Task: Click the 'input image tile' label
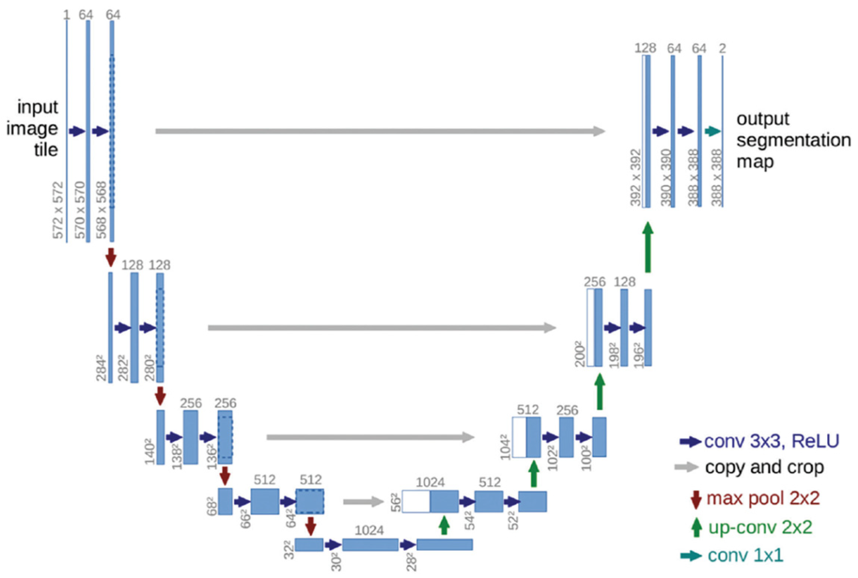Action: click(34, 128)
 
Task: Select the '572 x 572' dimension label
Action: click(58, 210)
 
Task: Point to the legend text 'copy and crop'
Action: click(764, 467)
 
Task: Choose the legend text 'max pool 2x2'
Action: click(763, 498)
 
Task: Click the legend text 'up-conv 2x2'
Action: click(760, 527)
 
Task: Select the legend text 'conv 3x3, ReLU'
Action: click(771, 441)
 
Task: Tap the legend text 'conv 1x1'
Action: click(745, 555)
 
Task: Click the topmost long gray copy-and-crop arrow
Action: click(379, 131)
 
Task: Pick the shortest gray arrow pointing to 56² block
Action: click(363, 502)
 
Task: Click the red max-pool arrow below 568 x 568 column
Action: click(111, 257)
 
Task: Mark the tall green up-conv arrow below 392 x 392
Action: click(648, 247)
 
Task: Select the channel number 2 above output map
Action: click(723, 49)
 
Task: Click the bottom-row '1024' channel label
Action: click(369, 530)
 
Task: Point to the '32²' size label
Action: click(289, 550)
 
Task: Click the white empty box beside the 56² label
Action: click(416, 502)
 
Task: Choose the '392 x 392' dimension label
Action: click(636, 177)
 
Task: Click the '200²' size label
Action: click(580, 354)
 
